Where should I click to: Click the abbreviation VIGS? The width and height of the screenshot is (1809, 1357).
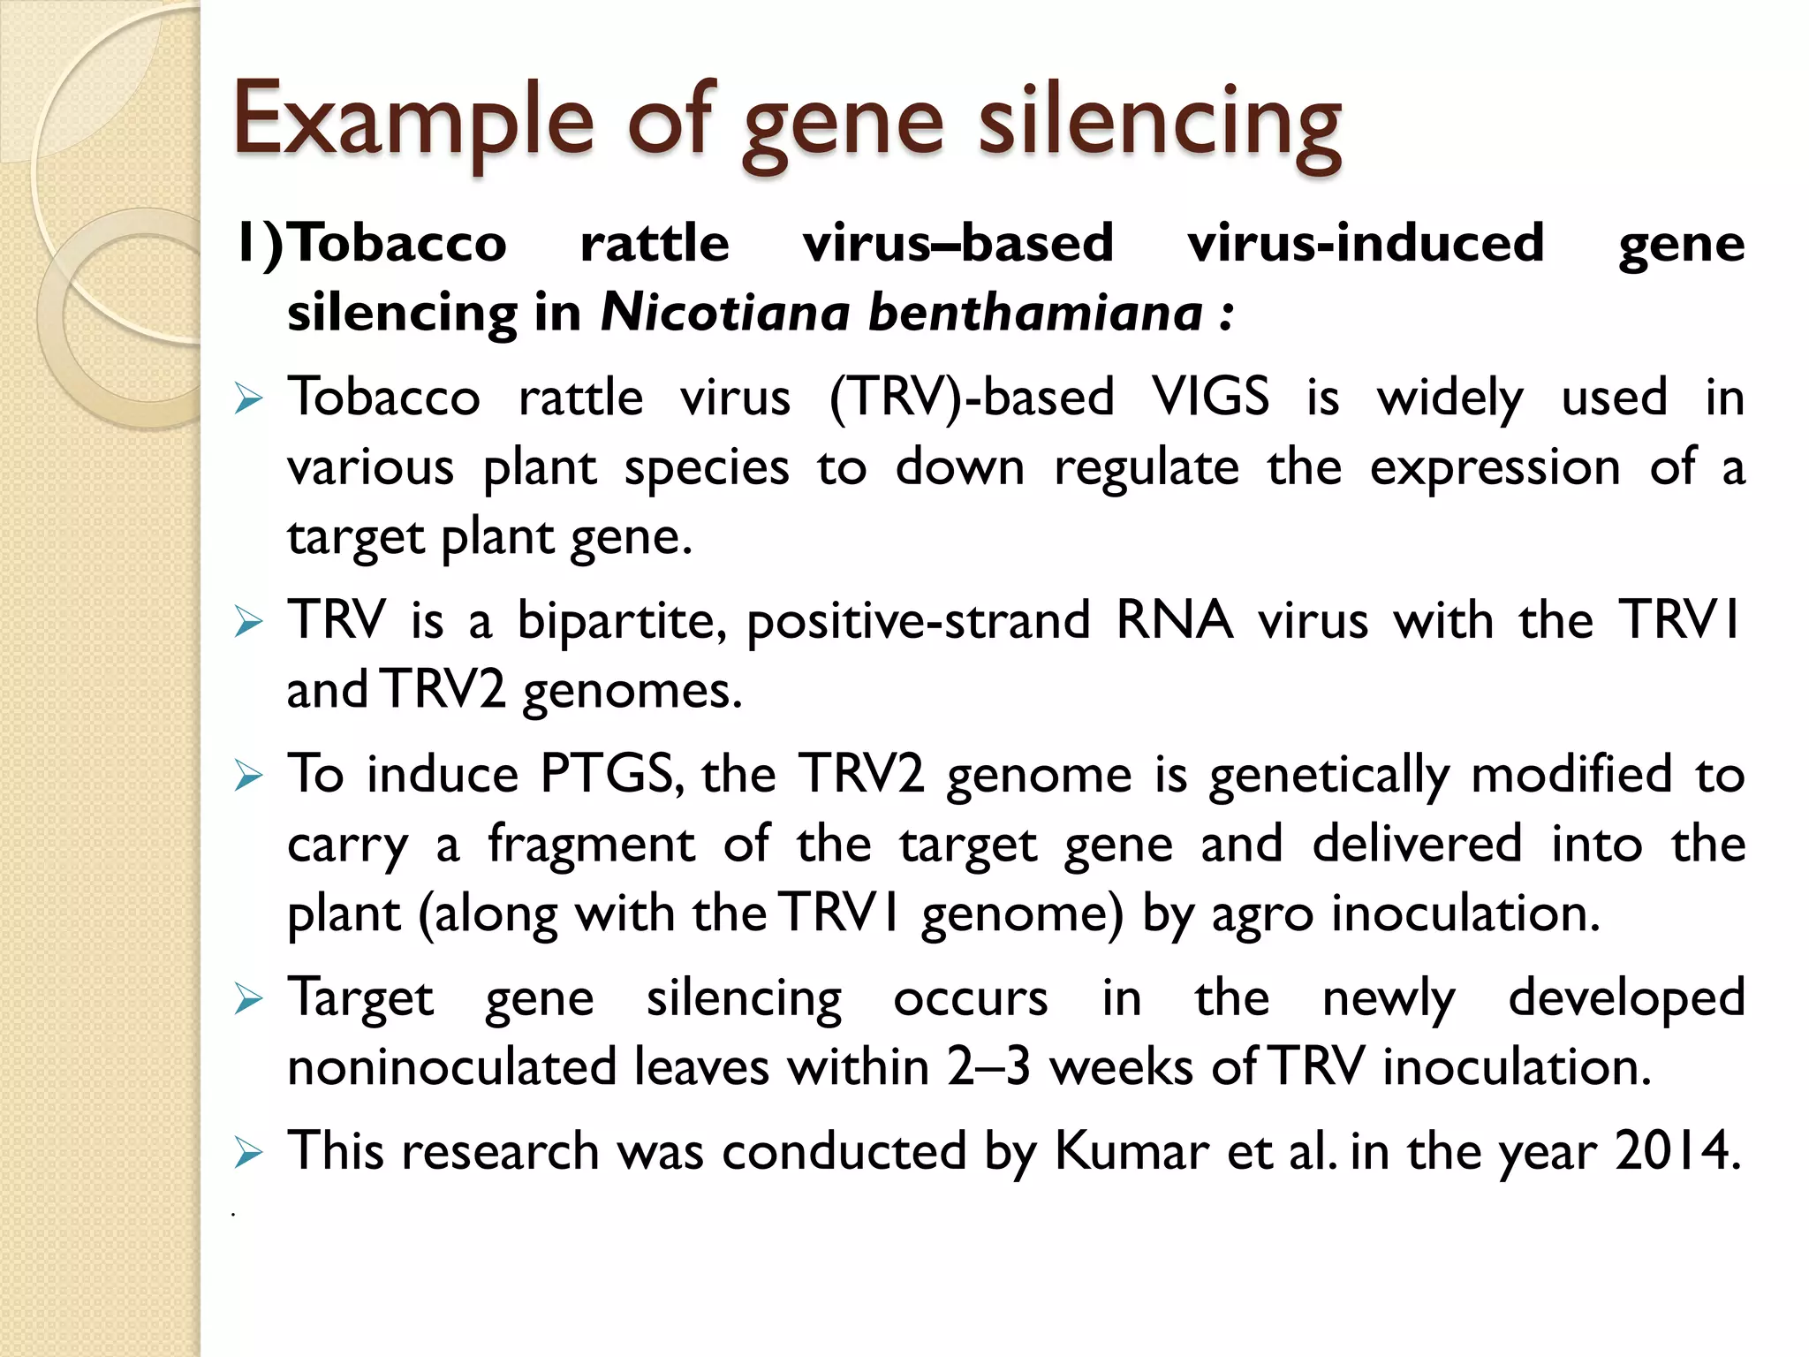[x=1211, y=397]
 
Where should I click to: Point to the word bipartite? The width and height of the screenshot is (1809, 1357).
[x=622, y=620]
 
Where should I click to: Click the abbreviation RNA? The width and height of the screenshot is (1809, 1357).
[x=1175, y=620]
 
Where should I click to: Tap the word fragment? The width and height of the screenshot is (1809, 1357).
[x=591, y=844]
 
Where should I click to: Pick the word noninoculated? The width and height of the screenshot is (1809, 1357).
[x=452, y=1066]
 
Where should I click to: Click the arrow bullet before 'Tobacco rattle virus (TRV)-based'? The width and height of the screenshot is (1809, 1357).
[x=249, y=399]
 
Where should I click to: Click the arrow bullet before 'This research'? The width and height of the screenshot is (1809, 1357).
[x=249, y=1153]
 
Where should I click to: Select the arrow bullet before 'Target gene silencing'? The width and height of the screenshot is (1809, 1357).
[x=249, y=1000]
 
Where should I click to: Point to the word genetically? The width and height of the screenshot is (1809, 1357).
[x=1329, y=776]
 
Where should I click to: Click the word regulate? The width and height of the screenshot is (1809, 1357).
[x=1147, y=468]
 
